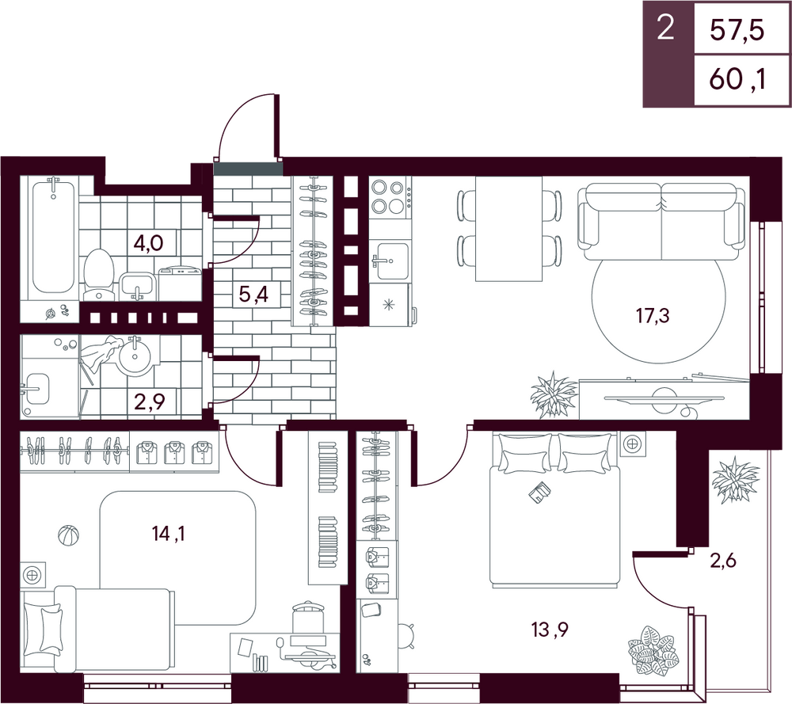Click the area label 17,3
(x=653, y=316)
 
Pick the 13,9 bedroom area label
(x=550, y=630)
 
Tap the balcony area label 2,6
(x=723, y=561)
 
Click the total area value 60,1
(x=737, y=80)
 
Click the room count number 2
(x=666, y=29)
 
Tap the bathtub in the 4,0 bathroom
(x=54, y=237)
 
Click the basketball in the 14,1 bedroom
(x=69, y=535)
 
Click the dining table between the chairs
(x=508, y=228)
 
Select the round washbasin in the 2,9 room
(x=135, y=356)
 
